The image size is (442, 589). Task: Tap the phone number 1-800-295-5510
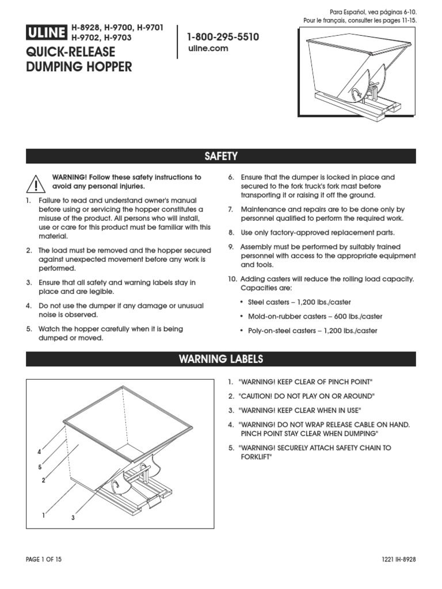pyautogui.click(x=223, y=37)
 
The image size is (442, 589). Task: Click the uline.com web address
pyautogui.click(x=208, y=49)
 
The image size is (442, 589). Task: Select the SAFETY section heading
pyautogui.click(x=221, y=156)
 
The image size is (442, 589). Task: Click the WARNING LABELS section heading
pyautogui.click(x=221, y=359)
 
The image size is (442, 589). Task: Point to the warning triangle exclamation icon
pyautogui.click(x=35, y=183)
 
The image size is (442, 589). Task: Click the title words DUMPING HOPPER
pyautogui.click(x=79, y=67)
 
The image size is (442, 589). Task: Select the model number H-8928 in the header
pyautogui.click(x=86, y=28)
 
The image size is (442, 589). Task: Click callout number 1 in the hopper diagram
pyautogui.click(x=43, y=515)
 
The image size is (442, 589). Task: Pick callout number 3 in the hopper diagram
pyautogui.click(x=73, y=518)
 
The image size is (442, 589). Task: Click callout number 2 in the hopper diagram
pyautogui.click(x=43, y=480)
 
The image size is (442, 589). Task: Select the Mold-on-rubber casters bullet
pyautogui.click(x=315, y=316)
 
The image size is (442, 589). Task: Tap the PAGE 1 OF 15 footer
pyautogui.click(x=44, y=559)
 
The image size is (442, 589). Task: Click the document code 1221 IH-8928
pyautogui.click(x=398, y=559)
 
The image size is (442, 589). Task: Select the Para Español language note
pyautogui.click(x=373, y=12)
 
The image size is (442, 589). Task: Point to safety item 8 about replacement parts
pyautogui.click(x=318, y=233)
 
